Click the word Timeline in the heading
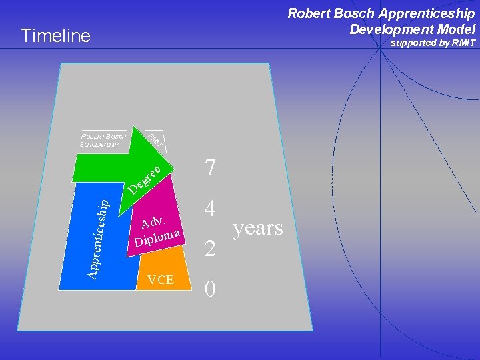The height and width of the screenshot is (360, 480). point(55,35)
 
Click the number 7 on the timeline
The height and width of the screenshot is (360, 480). point(211,167)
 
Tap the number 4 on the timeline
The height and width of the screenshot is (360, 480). point(211,209)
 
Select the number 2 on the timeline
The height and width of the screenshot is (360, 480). point(211,249)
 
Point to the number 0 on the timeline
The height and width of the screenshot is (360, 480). point(211,289)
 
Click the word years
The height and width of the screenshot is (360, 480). point(258,229)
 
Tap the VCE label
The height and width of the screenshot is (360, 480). point(160,280)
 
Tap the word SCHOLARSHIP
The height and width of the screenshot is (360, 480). point(99,144)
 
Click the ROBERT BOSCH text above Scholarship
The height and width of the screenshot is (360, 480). point(104,137)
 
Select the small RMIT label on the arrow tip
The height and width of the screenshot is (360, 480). point(154,140)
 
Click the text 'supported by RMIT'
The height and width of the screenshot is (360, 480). point(433,43)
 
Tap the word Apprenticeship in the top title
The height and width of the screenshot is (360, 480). point(422,13)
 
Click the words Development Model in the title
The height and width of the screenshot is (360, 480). point(412,29)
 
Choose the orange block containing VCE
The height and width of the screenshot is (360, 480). point(161,270)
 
